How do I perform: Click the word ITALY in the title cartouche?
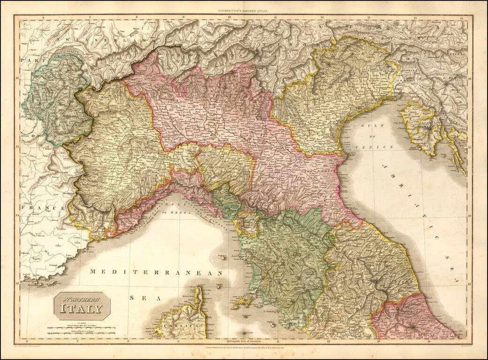[81, 309]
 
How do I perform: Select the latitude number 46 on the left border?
[17, 78]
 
